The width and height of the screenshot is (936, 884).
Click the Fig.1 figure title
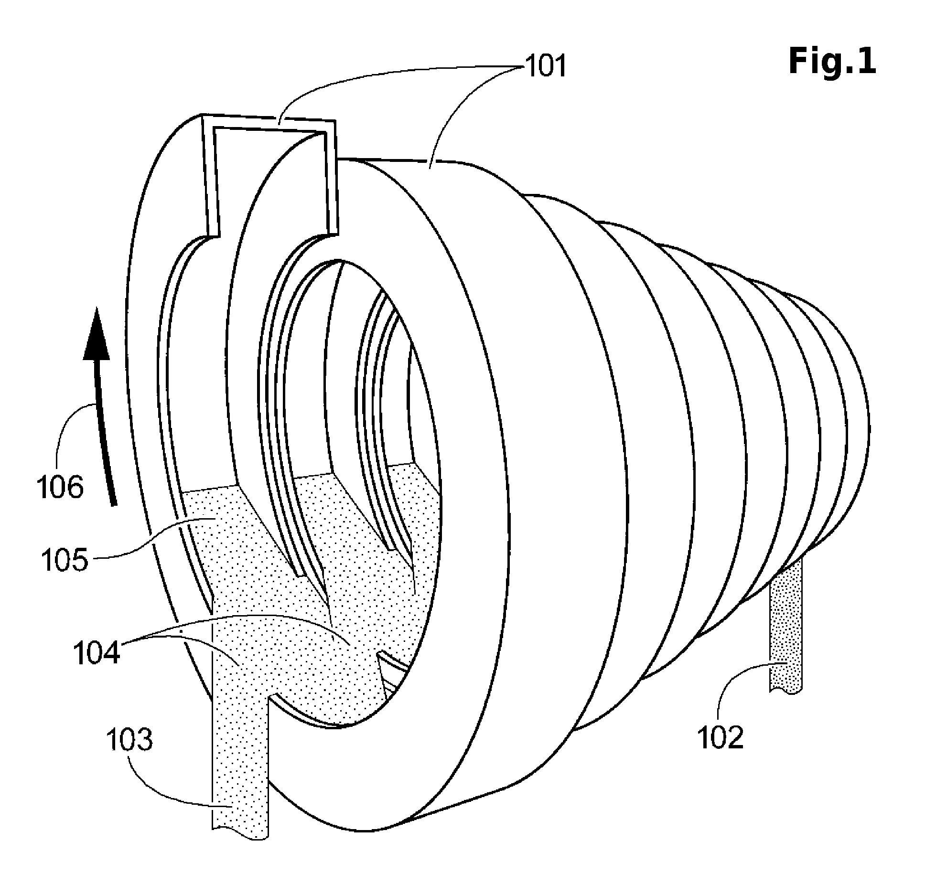[x=832, y=62]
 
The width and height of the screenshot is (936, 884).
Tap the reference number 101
[x=546, y=66]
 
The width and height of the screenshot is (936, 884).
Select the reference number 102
[x=721, y=737]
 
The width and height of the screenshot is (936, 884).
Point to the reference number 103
[x=129, y=741]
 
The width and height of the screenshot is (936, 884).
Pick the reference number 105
[x=65, y=561]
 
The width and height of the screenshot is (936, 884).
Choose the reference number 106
[x=60, y=488]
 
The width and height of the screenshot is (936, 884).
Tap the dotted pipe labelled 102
[x=785, y=625]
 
